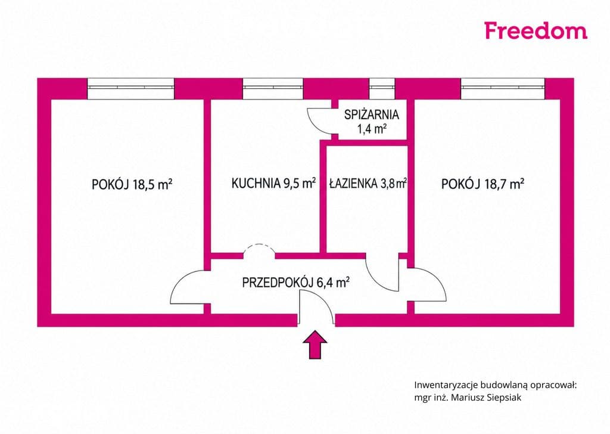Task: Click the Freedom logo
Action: coord(536,31)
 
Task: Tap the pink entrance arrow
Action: coord(315,345)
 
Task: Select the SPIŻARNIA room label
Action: coord(372,115)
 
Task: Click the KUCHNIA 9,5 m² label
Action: coord(273,183)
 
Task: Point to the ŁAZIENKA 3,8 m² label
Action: coord(368,183)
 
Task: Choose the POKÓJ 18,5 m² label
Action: coord(132,184)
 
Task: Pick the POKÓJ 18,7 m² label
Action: coord(483,184)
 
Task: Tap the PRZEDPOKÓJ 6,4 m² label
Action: coord(295,282)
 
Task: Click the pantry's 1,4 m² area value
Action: coord(372,128)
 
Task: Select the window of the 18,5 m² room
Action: coord(130,88)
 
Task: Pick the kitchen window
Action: coord(273,88)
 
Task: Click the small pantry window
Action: coord(382,88)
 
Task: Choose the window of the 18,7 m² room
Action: coord(503,88)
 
